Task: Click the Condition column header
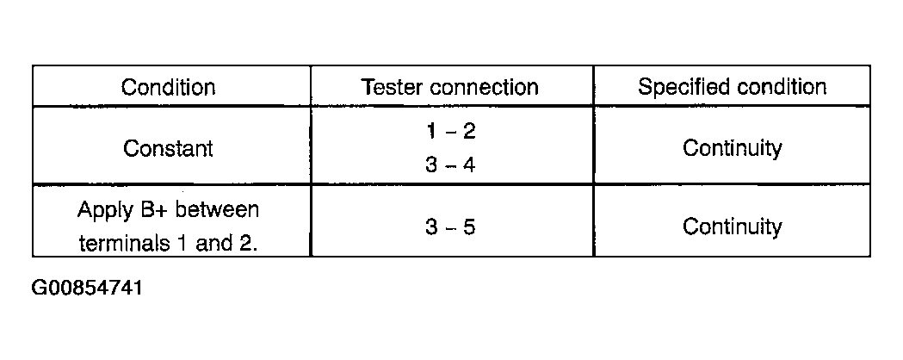tap(168, 87)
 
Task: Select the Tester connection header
tap(449, 87)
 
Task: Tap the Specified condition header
tap(732, 87)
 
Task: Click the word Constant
tap(168, 148)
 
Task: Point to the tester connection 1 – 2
tap(451, 131)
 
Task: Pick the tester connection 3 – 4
tap(451, 164)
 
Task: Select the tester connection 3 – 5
tap(451, 227)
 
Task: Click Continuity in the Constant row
tap(732, 148)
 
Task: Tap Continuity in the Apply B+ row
tap(732, 227)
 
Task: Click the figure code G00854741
tap(87, 288)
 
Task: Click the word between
tap(217, 209)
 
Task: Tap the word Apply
tap(104, 211)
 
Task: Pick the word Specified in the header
tap(684, 87)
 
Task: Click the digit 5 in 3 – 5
tap(469, 227)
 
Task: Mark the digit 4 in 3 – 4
tap(469, 164)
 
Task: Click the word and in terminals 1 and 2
tap(211, 244)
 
